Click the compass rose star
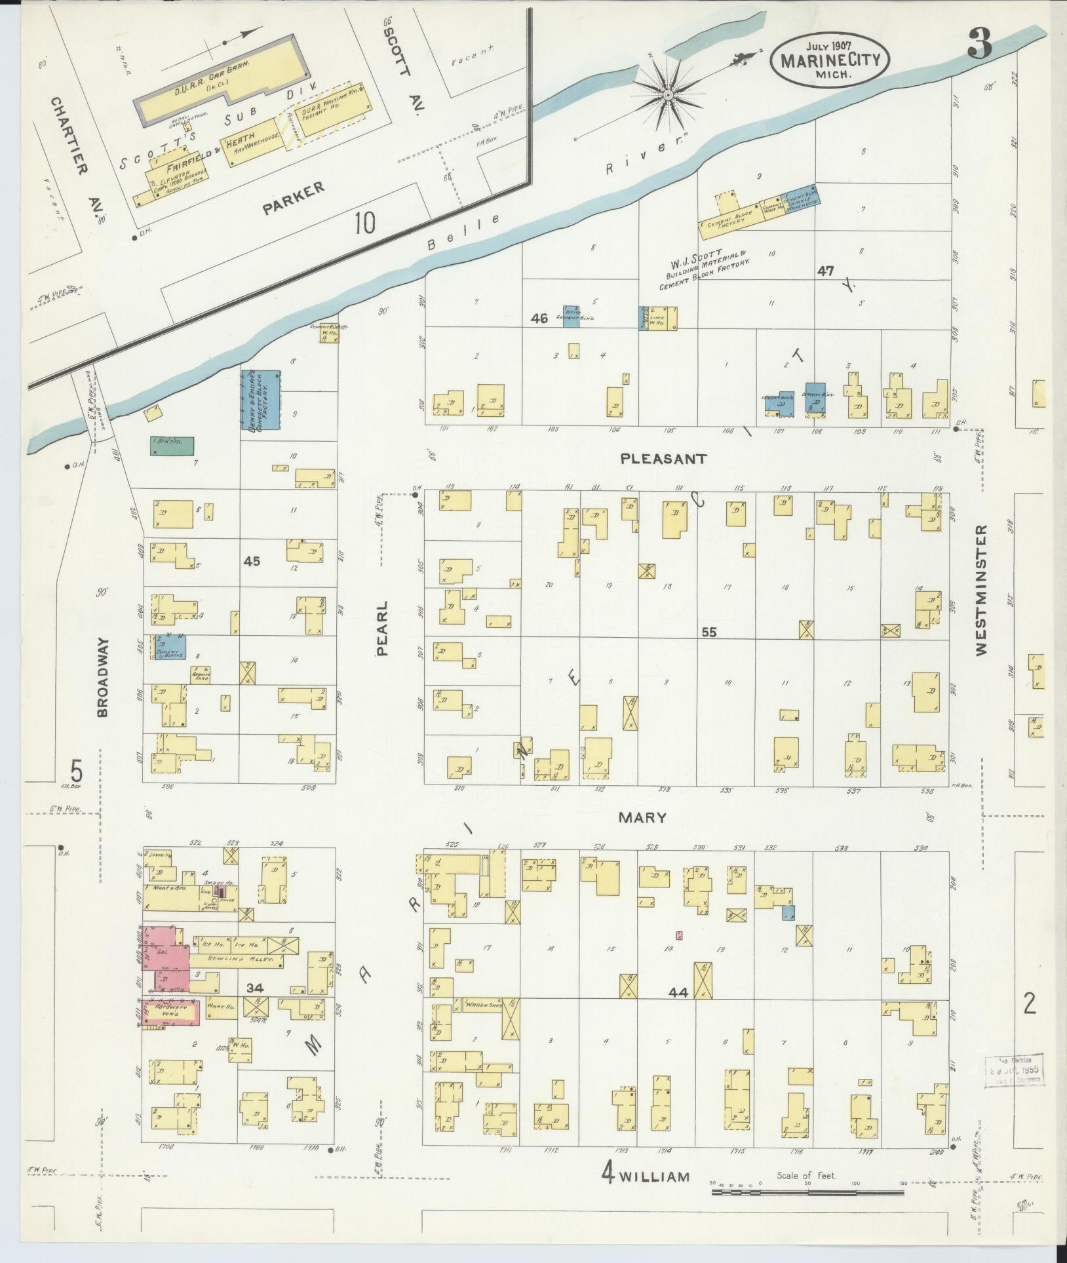pyautogui.click(x=667, y=96)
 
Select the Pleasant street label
pyautogui.click(x=665, y=459)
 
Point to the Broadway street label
pyautogui.click(x=102, y=678)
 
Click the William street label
pyautogui.click(x=655, y=1176)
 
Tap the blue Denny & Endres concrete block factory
pyautogui.click(x=261, y=400)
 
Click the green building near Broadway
pyautogui.click(x=172, y=446)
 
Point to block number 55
pyautogui.click(x=708, y=632)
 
